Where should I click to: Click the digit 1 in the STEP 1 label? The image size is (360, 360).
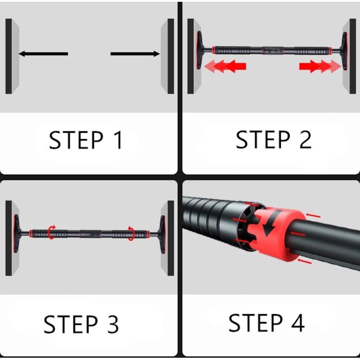(119, 140)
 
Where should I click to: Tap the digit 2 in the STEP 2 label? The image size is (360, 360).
(306, 139)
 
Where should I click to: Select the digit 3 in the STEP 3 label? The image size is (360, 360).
(113, 324)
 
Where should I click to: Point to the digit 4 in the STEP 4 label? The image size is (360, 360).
(298, 323)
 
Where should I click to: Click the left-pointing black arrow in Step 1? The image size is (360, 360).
(43, 54)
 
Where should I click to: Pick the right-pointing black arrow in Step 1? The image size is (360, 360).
(135, 54)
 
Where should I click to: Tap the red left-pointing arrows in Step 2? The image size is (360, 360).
(225, 66)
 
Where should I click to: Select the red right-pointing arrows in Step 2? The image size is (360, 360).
(320, 66)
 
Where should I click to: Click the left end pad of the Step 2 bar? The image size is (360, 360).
(200, 50)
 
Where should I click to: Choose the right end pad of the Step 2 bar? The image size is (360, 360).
(344, 51)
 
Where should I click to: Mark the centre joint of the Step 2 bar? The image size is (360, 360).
(273, 50)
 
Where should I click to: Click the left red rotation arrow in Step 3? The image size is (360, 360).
(51, 232)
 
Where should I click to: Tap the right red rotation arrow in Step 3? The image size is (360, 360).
(131, 233)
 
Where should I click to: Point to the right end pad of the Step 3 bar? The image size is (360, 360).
(162, 234)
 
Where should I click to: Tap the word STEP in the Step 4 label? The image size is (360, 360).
(256, 323)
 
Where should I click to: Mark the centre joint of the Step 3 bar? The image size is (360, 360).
(90, 234)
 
